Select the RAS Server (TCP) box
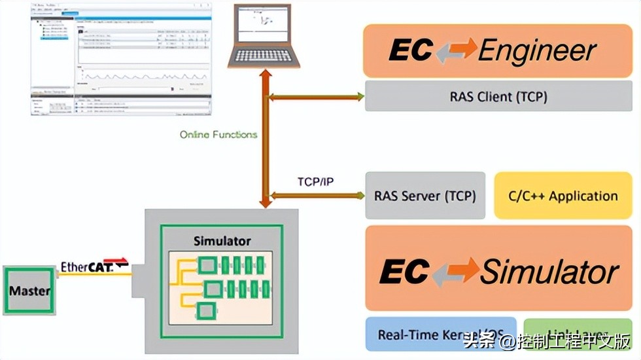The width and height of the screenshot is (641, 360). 425,196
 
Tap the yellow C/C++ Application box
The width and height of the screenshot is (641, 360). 563,196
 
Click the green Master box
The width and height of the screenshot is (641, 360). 29,290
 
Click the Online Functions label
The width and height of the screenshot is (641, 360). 218,135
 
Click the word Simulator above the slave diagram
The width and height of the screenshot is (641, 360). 222,241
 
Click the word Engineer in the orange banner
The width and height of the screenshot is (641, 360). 537,50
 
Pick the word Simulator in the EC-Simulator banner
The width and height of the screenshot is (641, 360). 549,272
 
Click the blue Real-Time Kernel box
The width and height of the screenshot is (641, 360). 440,335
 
